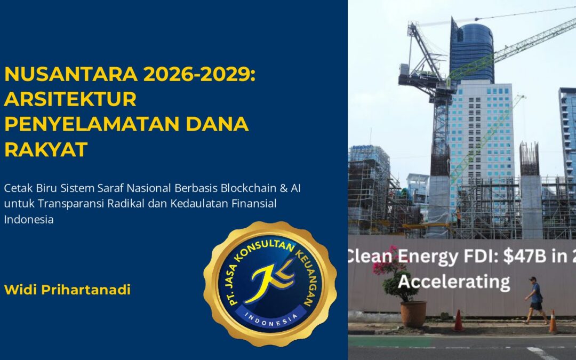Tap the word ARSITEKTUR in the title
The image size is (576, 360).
70,99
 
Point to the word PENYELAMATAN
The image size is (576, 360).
92,124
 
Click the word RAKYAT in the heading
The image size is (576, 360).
46,149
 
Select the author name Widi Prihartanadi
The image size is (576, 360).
67,290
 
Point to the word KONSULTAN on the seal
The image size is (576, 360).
265,250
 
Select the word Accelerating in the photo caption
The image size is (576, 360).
454,282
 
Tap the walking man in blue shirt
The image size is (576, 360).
537,300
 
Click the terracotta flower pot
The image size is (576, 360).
413,314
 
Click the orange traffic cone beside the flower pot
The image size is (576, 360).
459,321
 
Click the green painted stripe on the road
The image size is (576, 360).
389,342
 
